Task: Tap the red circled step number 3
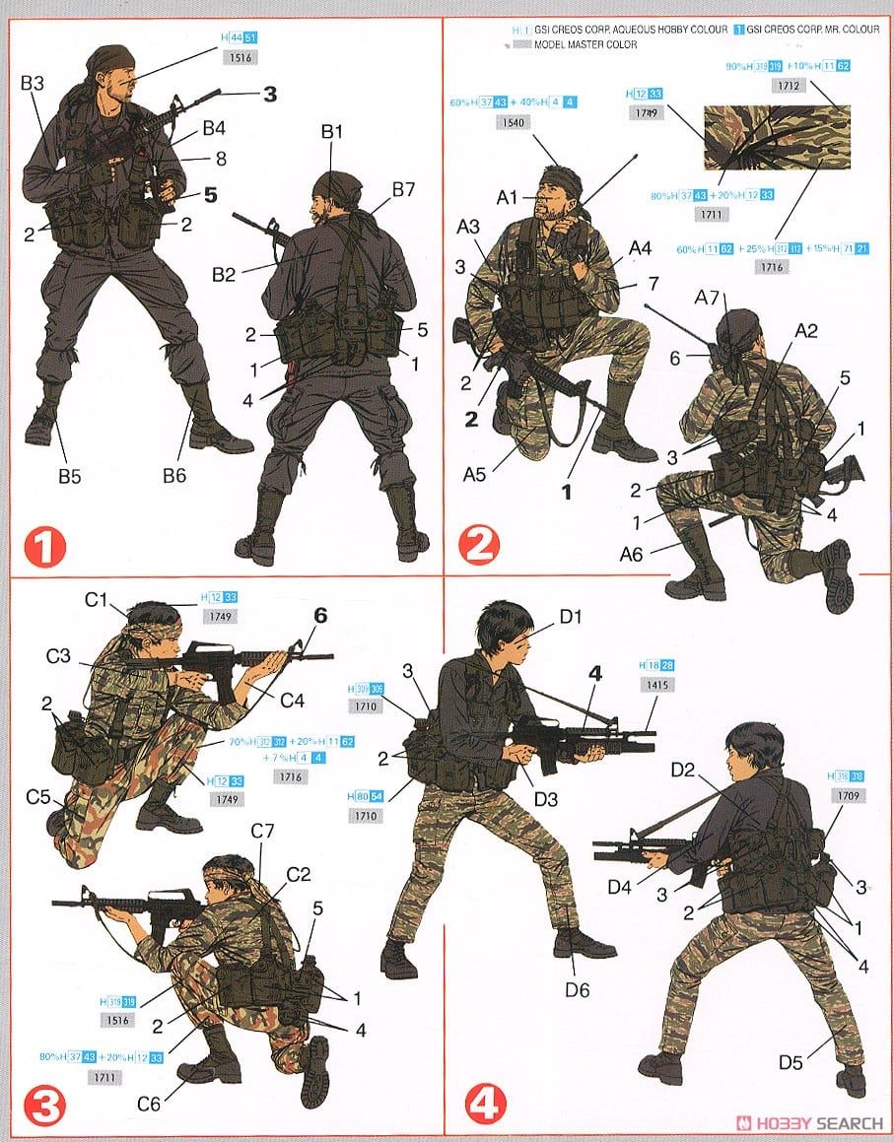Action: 43,1106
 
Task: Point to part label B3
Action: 32,84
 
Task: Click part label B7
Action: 402,190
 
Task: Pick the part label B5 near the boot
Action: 69,477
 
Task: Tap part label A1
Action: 508,198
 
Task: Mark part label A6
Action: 632,554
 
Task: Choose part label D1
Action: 573,618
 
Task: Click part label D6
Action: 578,989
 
